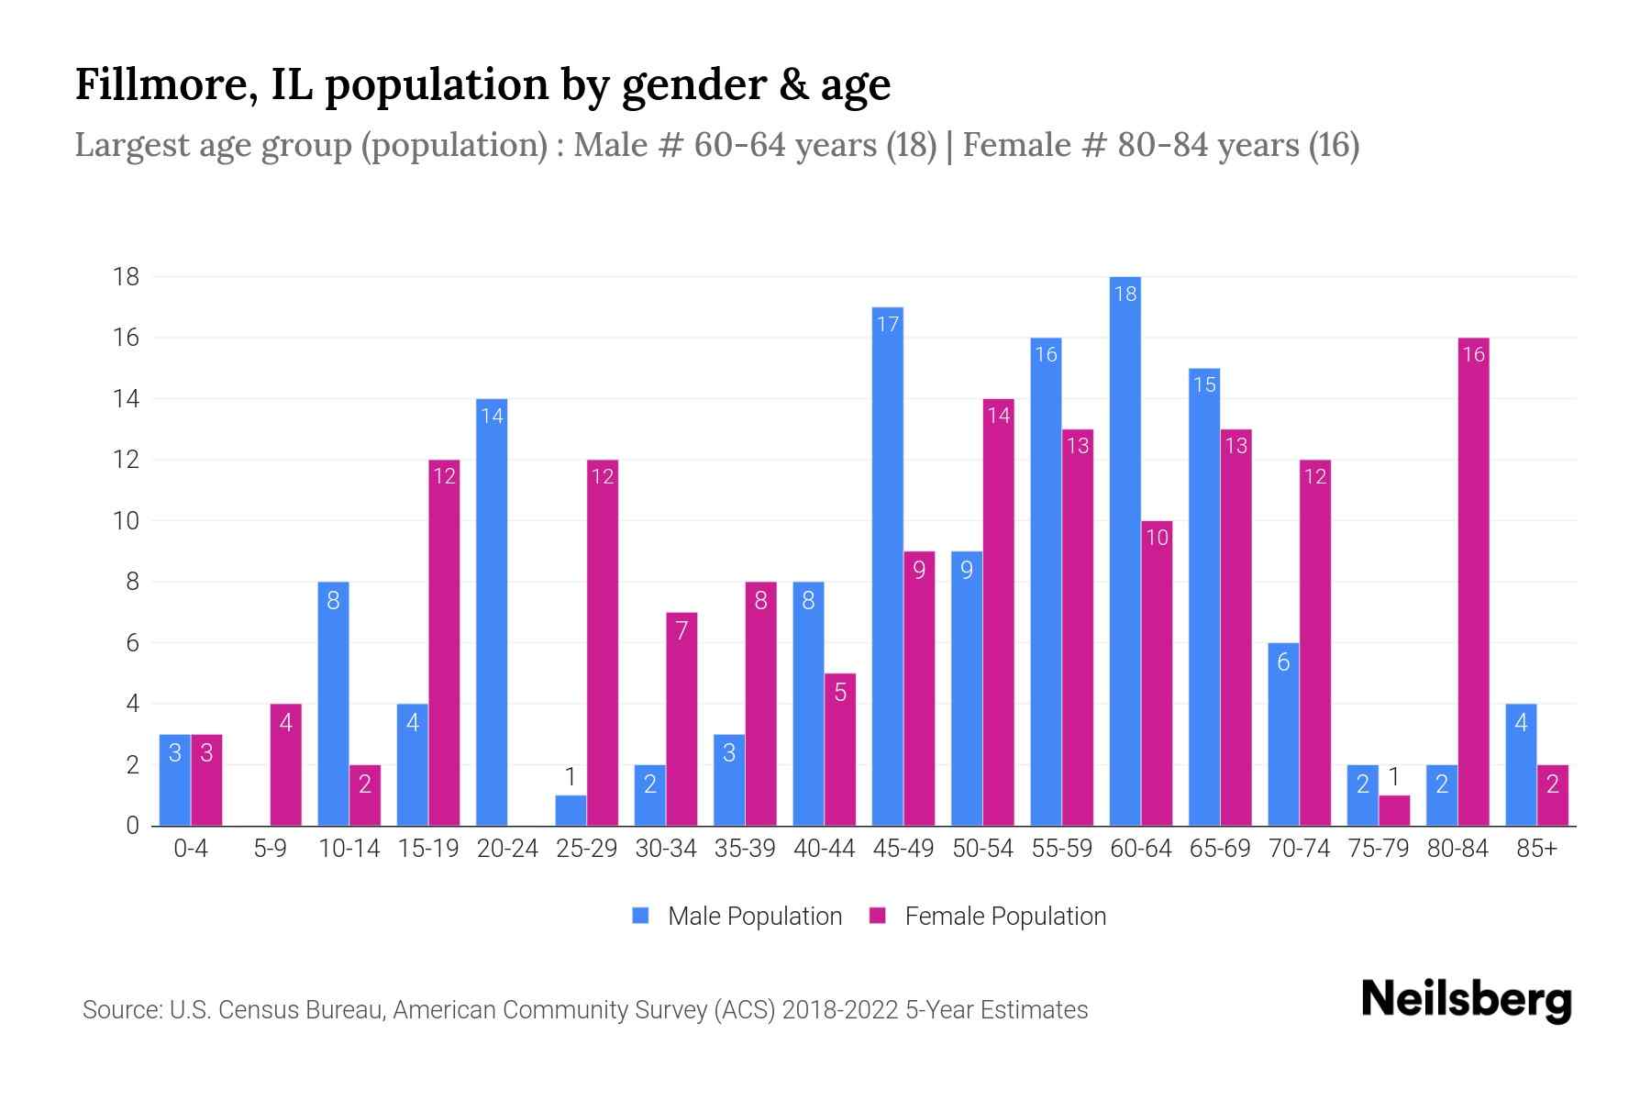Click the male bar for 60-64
[1125, 550]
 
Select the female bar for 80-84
[1473, 582]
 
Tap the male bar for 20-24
[492, 612]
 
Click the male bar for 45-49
[887, 566]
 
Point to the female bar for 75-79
[1393, 810]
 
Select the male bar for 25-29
[571, 810]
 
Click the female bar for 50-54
[998, 612]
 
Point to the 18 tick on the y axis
[126, 277]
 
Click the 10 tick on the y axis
[126, 521]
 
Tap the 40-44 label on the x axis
[824, 849]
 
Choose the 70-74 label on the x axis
[1299, 849]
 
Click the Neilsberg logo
[1466, 1000]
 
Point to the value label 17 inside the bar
[887, 324]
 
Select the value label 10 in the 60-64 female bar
[1157, 538]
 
